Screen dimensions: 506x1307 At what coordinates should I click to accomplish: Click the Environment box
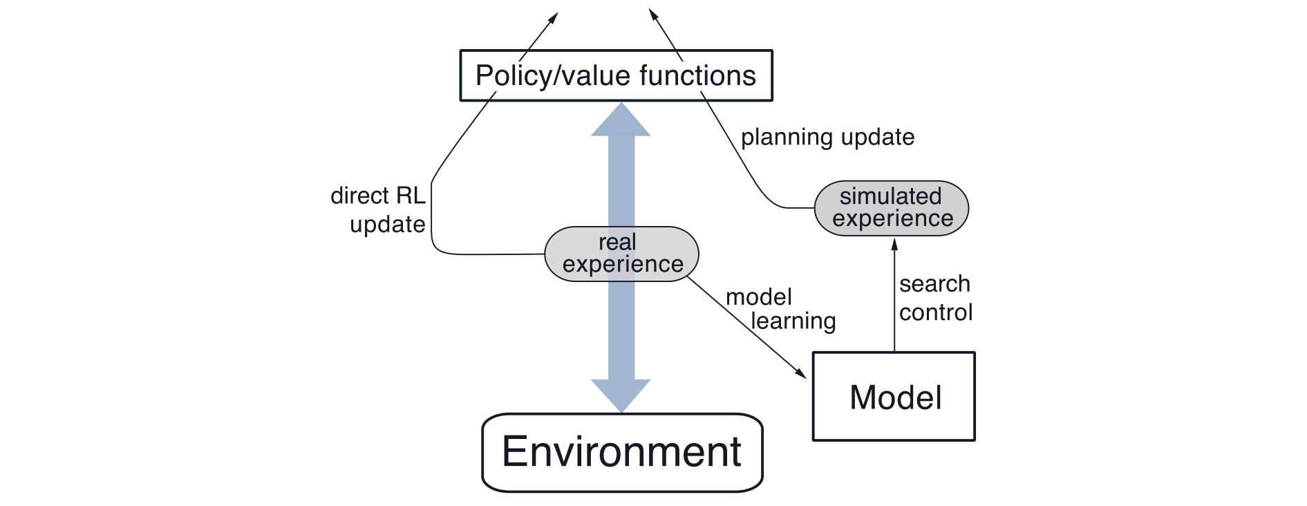[x=622, y=453]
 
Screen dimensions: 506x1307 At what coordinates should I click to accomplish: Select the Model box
[x=894, y=397]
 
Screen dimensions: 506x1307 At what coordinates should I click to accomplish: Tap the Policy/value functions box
[x=616, y=75]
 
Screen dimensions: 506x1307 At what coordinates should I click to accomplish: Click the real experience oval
[x=621, y=254]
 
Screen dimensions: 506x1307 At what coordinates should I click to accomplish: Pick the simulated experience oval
[x=892, y=207]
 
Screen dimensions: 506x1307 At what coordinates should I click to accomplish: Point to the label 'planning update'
[x=827, y=137]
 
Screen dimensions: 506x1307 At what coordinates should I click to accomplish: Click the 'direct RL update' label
[x=378, y=210]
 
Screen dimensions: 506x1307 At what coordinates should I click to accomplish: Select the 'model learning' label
[x=780, y=309]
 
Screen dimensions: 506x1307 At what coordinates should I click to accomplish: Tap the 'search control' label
[x=935, y=298]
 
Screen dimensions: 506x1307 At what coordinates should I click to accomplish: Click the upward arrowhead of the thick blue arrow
[x=621, y=120]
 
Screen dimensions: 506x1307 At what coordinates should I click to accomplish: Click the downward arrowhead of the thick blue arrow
[x=621, y=395]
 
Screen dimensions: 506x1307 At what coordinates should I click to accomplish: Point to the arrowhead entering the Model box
[x=801, y=374]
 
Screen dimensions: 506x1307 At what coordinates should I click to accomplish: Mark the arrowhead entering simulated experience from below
[x=894, y=244]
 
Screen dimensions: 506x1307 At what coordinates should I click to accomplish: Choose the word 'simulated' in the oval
[x=890, y=196]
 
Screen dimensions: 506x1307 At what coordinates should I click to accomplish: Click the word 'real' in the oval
[x=617, y=243]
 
